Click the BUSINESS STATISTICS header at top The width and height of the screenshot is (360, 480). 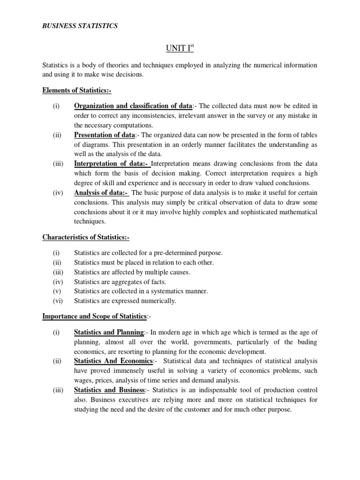pos(80,26)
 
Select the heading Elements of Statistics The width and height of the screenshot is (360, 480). pos(77,90)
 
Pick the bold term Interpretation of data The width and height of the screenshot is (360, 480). pos(111,164)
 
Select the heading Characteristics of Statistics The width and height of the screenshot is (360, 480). pos(86,237)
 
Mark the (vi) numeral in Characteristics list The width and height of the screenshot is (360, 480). pos(57,301)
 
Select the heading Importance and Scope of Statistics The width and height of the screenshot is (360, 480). pos(98,316)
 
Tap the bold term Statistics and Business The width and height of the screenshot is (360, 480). pos(108,390)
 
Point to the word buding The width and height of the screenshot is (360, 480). pos(307,342)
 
